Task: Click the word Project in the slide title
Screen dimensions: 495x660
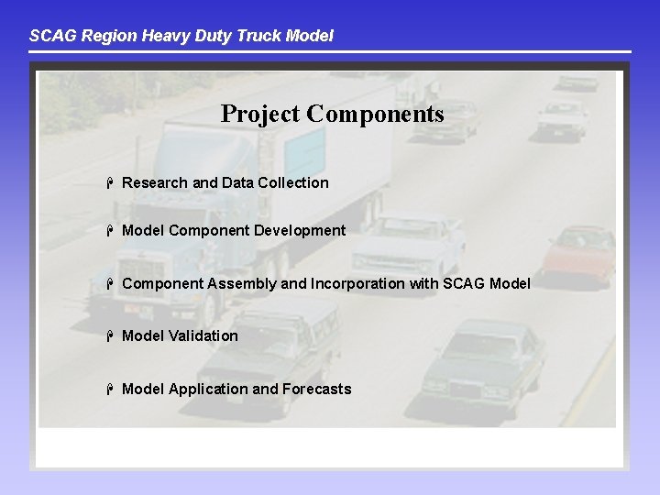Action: pos(260,115)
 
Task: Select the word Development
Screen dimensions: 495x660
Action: pos(300,231)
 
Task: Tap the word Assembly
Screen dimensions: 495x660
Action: pos(241,283)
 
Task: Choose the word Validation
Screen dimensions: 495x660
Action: pos(203,336)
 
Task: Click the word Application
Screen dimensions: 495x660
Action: pos(208,390)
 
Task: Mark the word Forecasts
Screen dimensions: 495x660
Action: pos(316,390)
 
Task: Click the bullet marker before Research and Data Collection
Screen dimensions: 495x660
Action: pos(109,182)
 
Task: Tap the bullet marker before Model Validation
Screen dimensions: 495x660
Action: pos(109,335)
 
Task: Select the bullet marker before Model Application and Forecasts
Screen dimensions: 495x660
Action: pos(109,389)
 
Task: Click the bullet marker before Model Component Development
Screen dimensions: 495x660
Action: pos(109,230)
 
